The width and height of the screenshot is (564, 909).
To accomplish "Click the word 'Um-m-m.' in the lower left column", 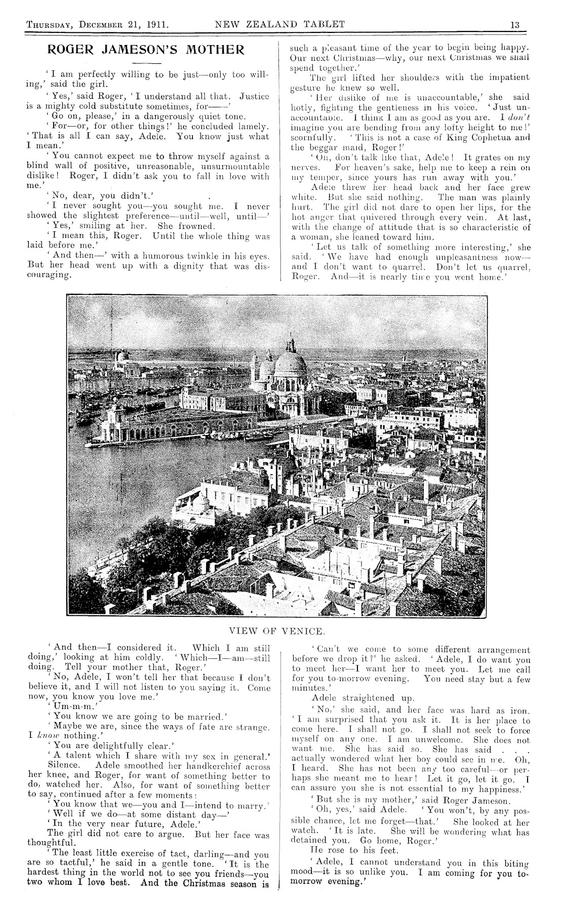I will (73, 705).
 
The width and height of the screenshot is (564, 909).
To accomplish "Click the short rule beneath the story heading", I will (145, 63).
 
